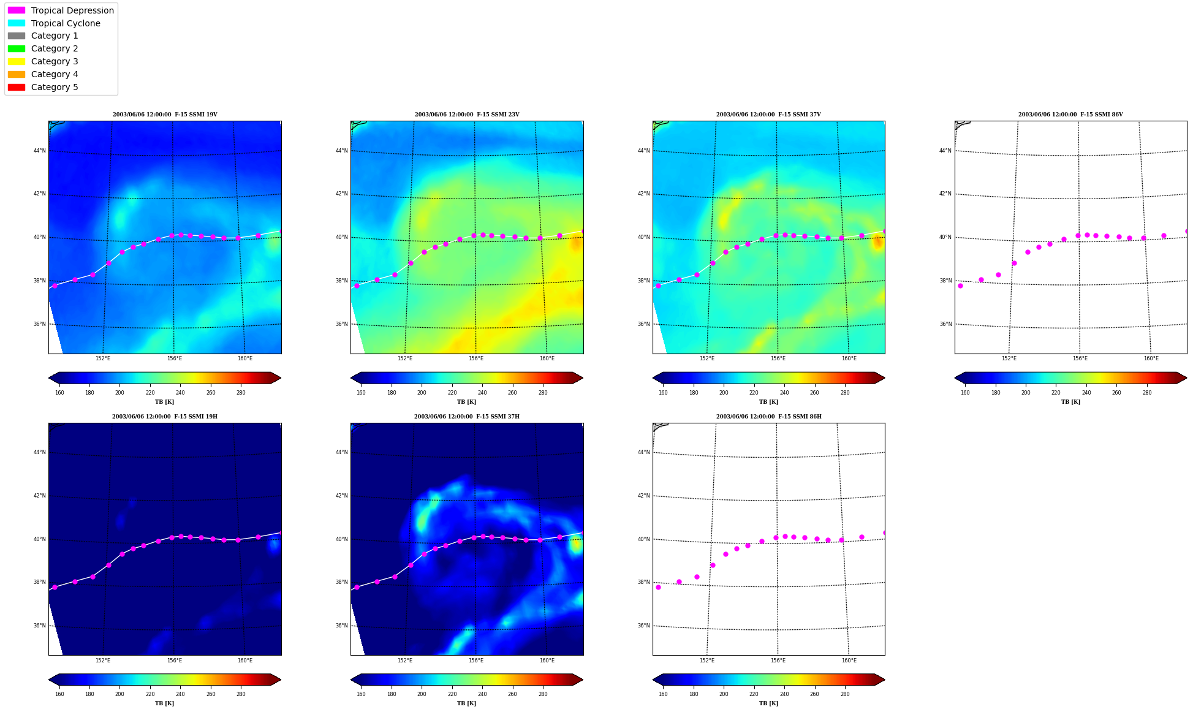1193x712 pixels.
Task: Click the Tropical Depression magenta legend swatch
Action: click(x=17, y=10)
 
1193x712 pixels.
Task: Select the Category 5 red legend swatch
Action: click(x=17, y=87)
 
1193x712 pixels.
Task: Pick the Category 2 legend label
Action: click(x=55, y=48)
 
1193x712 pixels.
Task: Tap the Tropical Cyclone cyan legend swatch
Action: click(x=17, y=23)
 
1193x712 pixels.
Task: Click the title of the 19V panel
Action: click(x=165, y=115)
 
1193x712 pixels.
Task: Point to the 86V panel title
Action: click(x=1070, y=115)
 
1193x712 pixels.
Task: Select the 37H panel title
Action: click(x=466, y=417)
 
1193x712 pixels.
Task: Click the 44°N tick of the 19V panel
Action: click(x=39, y=151)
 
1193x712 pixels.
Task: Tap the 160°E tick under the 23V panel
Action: click(x=547, y=358)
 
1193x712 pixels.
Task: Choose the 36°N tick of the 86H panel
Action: click(x=643, y=626)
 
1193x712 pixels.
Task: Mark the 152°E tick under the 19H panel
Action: click(x=103, y=661)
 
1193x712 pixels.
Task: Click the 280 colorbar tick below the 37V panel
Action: click(x=844, y=393)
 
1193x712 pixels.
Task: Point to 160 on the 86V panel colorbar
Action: click(x=965, y=393)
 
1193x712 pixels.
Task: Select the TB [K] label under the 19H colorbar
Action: click(x=164, y=703)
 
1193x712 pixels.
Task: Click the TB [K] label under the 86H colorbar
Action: click(x=768, y=703)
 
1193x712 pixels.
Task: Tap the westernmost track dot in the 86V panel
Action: click(x=960, y=286)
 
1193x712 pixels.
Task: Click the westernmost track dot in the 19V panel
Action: click(x=55, y=286)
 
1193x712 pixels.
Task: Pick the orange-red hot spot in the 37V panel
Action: click(x=877, y=242)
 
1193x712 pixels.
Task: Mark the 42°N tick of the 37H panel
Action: click(x=341, y=496)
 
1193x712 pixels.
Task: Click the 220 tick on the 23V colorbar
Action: click(x=452, y=393)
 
